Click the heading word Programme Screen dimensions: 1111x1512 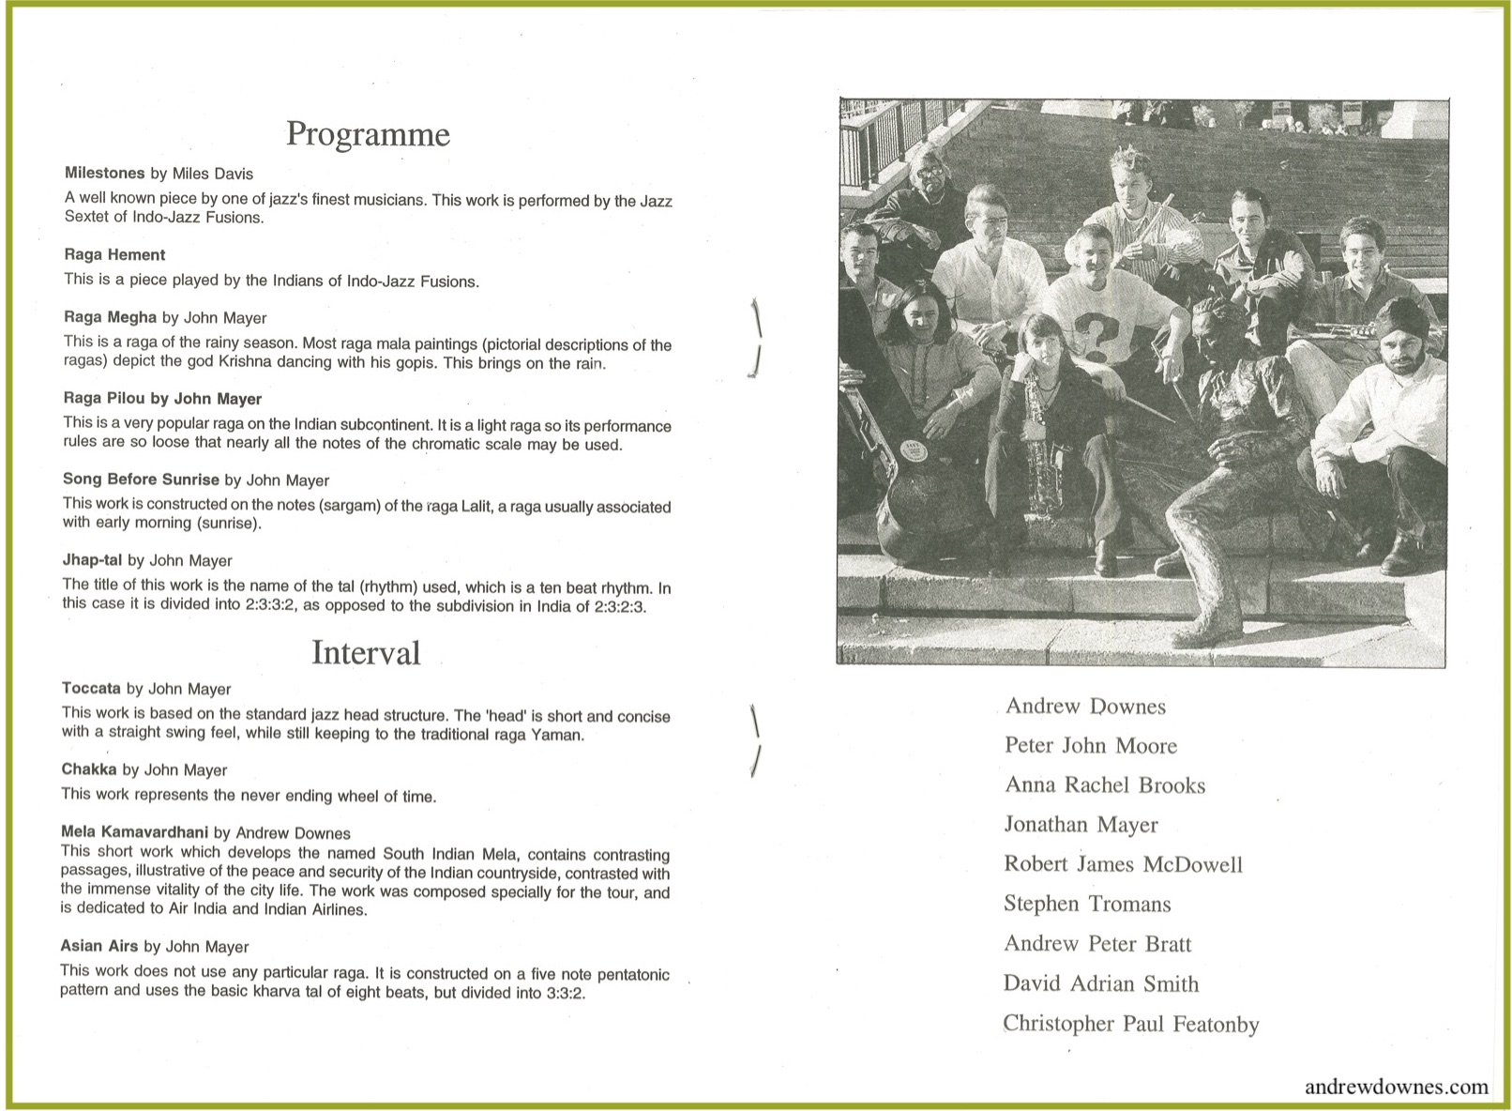[368, 134]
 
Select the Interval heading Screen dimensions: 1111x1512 [366, 653]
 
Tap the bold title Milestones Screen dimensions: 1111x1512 [105, 174]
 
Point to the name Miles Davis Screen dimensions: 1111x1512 [212, 174]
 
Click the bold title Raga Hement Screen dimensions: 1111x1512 [114, 255]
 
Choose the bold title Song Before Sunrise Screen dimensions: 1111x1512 [141, 479]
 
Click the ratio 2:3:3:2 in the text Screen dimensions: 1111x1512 [270, 605]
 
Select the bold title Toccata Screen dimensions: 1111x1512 [91, 689]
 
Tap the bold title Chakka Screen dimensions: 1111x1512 [89, 769]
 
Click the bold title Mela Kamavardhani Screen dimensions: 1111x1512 [134, 832]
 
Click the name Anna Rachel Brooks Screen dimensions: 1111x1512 [1105, 785]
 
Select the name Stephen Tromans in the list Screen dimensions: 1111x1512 [1087, 905]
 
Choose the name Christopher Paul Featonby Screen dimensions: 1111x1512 [1130, 1025]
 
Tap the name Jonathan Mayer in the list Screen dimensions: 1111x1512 [1081, 825]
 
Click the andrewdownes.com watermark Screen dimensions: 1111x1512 [1396, 1087]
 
